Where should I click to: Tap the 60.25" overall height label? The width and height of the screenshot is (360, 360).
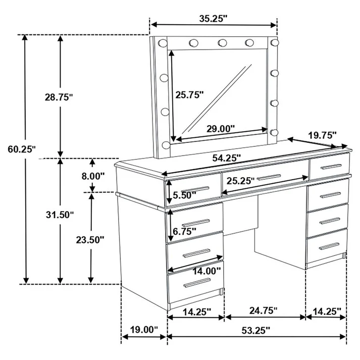pyautogui.click(x=21, y=149)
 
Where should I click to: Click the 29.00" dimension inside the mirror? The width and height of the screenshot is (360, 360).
pyautogui.click(x=221, y=128)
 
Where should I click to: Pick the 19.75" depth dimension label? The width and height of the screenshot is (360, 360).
pyautogui.click(x=322, y=135)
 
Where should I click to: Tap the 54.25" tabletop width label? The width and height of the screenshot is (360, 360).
pyautogui.click(x=226, y=158)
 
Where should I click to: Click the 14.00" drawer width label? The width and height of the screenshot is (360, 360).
pyautogui.click(x=206, y=271)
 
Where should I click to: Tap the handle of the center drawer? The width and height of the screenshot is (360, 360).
pyautogui.click(x=269, y=176)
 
